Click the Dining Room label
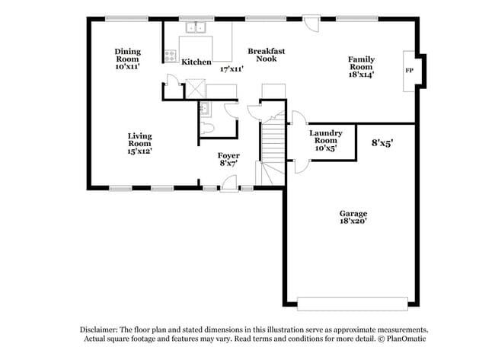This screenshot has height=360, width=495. tap(128, 55)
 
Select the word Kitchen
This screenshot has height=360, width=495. tap(196, 62)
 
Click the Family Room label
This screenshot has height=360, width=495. tap(361, 63)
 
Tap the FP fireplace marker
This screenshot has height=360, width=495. tap(409, 71)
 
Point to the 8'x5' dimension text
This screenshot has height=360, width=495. tap(382, 142)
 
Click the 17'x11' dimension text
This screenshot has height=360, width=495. tap(232, 68)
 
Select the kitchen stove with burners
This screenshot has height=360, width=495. tap(169, 54)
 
